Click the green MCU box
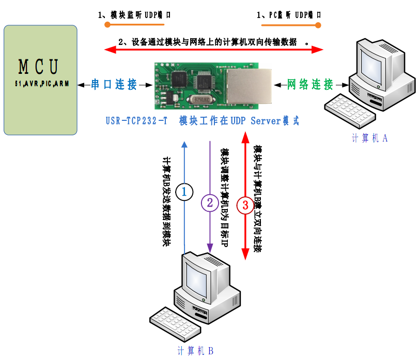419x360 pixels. tap(40, 80)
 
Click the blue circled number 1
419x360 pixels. tap(184, 192)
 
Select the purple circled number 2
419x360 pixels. tap(210, 202)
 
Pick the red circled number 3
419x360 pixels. tap(245, 205)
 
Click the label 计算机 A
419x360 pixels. tap(369, 138)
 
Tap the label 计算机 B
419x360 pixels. tap(195, 351)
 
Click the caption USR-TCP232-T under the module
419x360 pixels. tap(136, 121)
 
